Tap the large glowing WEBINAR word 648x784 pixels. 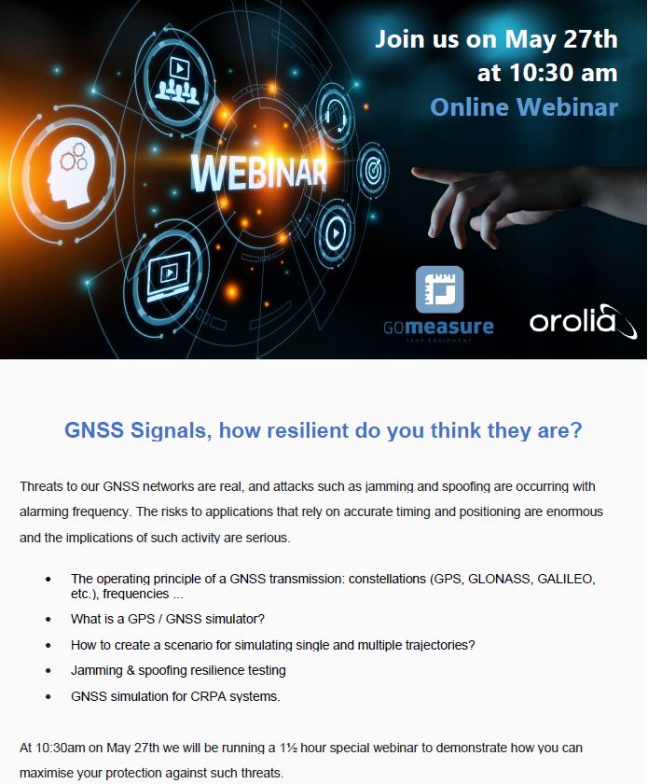click(x=258, y=172)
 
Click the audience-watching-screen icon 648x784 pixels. click(x=177, y=80)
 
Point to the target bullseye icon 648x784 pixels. click(x=373, y=171)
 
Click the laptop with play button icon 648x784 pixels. click(x=169, y=276)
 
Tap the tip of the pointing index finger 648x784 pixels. click(x=414, y=172)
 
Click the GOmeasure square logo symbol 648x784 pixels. click(x=440, y=289)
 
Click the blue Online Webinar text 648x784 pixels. click(x=524, y=107)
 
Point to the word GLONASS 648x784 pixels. click(x=499, y=579)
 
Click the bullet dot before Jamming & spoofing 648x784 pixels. click(x=48, y=671)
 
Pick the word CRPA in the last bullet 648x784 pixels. click(x=208, y=696)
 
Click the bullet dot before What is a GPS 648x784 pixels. click(x=48, y=620)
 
